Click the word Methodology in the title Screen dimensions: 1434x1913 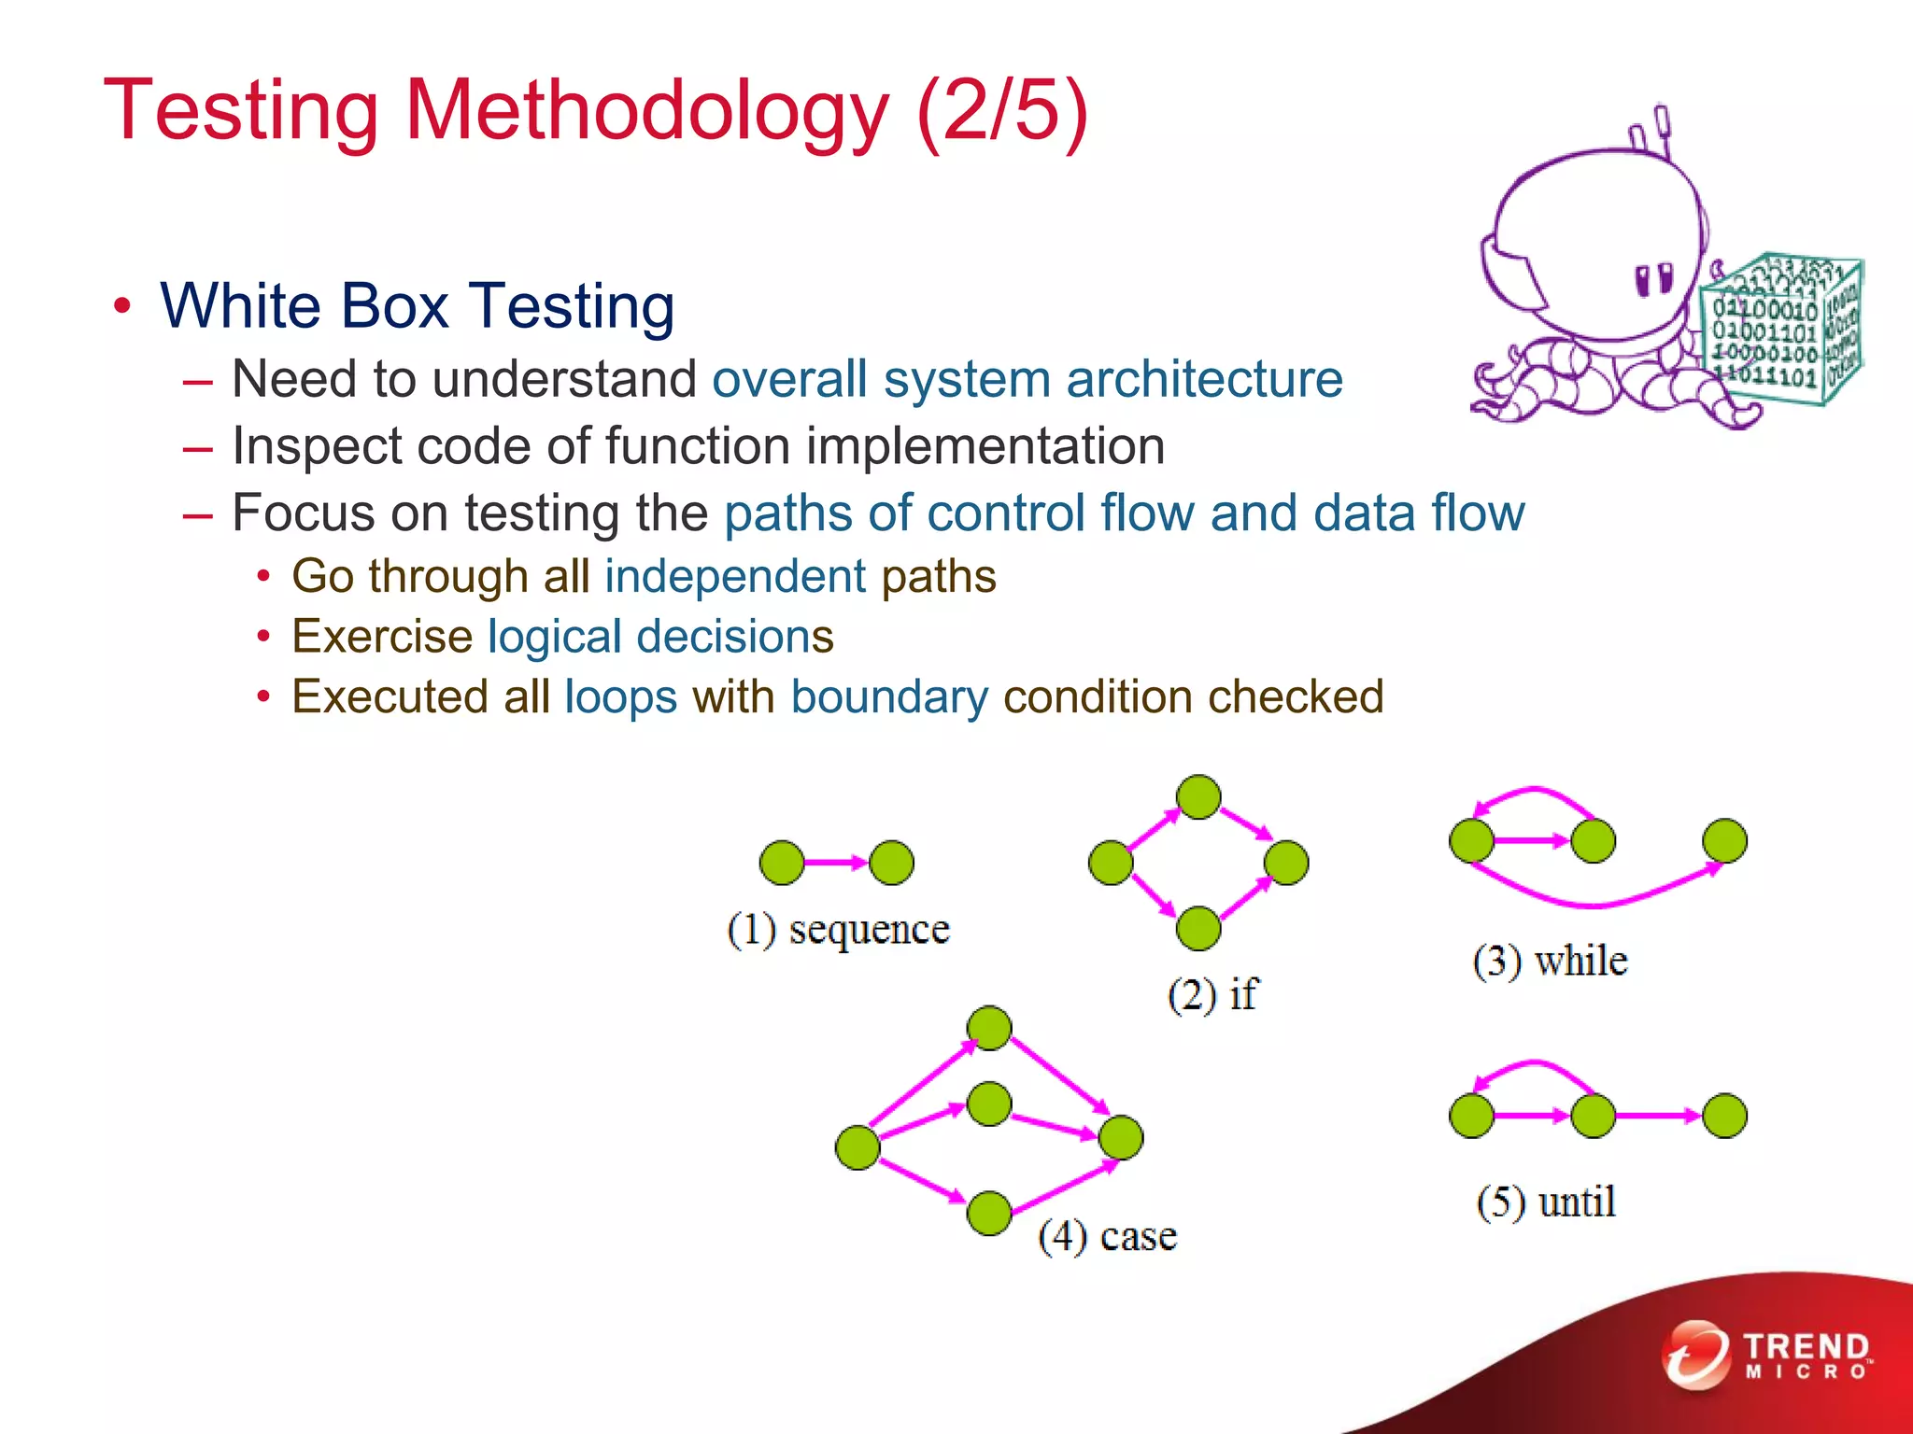tap(646, 111)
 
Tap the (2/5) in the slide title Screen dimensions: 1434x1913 tap(1002, 111)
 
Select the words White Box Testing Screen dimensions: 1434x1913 tap(417, 306)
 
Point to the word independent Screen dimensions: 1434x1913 tap(735, 576)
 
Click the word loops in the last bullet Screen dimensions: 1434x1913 tap(620, 697)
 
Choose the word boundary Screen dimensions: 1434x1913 tap(888, 697)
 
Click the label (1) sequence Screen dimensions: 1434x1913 tap(838, 929)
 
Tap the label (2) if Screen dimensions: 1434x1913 tap(1212, 994)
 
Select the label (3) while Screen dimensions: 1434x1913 tap(1550, 961)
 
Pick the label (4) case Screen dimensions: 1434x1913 tap(1107, 1236)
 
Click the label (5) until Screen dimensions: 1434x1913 tap(1546, 1202)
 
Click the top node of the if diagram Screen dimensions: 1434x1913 tap(1198, 796)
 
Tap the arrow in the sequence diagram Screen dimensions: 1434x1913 tap(836, 863)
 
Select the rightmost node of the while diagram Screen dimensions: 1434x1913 tap(1724, 840)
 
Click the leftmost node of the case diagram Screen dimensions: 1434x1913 tap(857, 1147)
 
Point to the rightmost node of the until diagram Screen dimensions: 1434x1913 tap(1724, 1116)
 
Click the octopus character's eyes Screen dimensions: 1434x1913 tap(1654, 279)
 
